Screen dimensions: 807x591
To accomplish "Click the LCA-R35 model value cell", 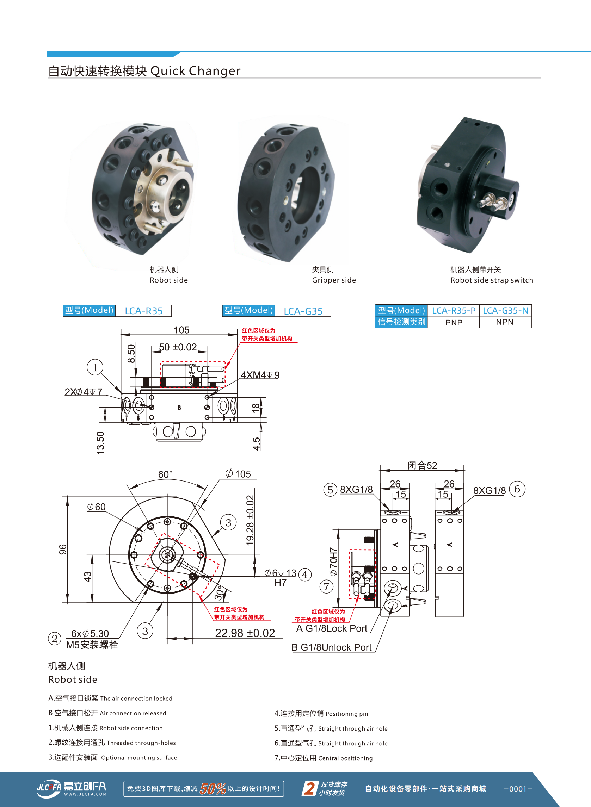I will pyautogui.click(x=143, y=311).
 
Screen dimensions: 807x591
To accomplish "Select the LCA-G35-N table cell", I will pyautogui.click(x=505, y=310).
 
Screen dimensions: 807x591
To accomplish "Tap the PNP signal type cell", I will pyautogui.click(x=454, y=323).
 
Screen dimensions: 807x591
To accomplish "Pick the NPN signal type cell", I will pyautogui.click(x=504, y=322).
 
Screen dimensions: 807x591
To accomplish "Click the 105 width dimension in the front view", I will pyautogui.click(x=181, y=330).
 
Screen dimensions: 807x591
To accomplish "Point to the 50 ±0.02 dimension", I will pyautogui.click(x=178, y=347).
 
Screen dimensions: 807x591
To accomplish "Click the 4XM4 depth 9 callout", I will pyautogui.click(x=260, y=375).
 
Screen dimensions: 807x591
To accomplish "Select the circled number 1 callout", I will pyautogui.click(x=95, y=367).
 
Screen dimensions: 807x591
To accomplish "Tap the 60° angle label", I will pyautogui.click(x=165, y=474).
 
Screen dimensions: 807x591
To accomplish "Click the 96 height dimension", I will pyautogui.click(x=63, y=549).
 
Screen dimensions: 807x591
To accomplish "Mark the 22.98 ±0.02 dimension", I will pyautogui.click(x=245, y=633).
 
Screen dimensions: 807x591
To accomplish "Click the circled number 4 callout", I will pyautogui.click(x=305, y=575).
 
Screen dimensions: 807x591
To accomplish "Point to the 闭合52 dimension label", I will pyautogui.click(x=422, y=465).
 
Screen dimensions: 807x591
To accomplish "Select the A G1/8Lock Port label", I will pyautogui.click(x=332, y=628).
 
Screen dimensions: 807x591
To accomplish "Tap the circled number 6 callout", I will pyautogui.click(x=517, y=489).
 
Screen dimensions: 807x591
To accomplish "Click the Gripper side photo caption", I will pyautogui.click(x=333, y=280).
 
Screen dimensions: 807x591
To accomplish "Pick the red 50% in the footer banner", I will pyautogui.click(x=213, y=788).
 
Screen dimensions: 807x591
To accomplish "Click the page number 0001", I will pyautogui.click(x=518, y=789).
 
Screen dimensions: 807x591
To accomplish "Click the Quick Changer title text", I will pyautogui.click(x=195, y=71).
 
